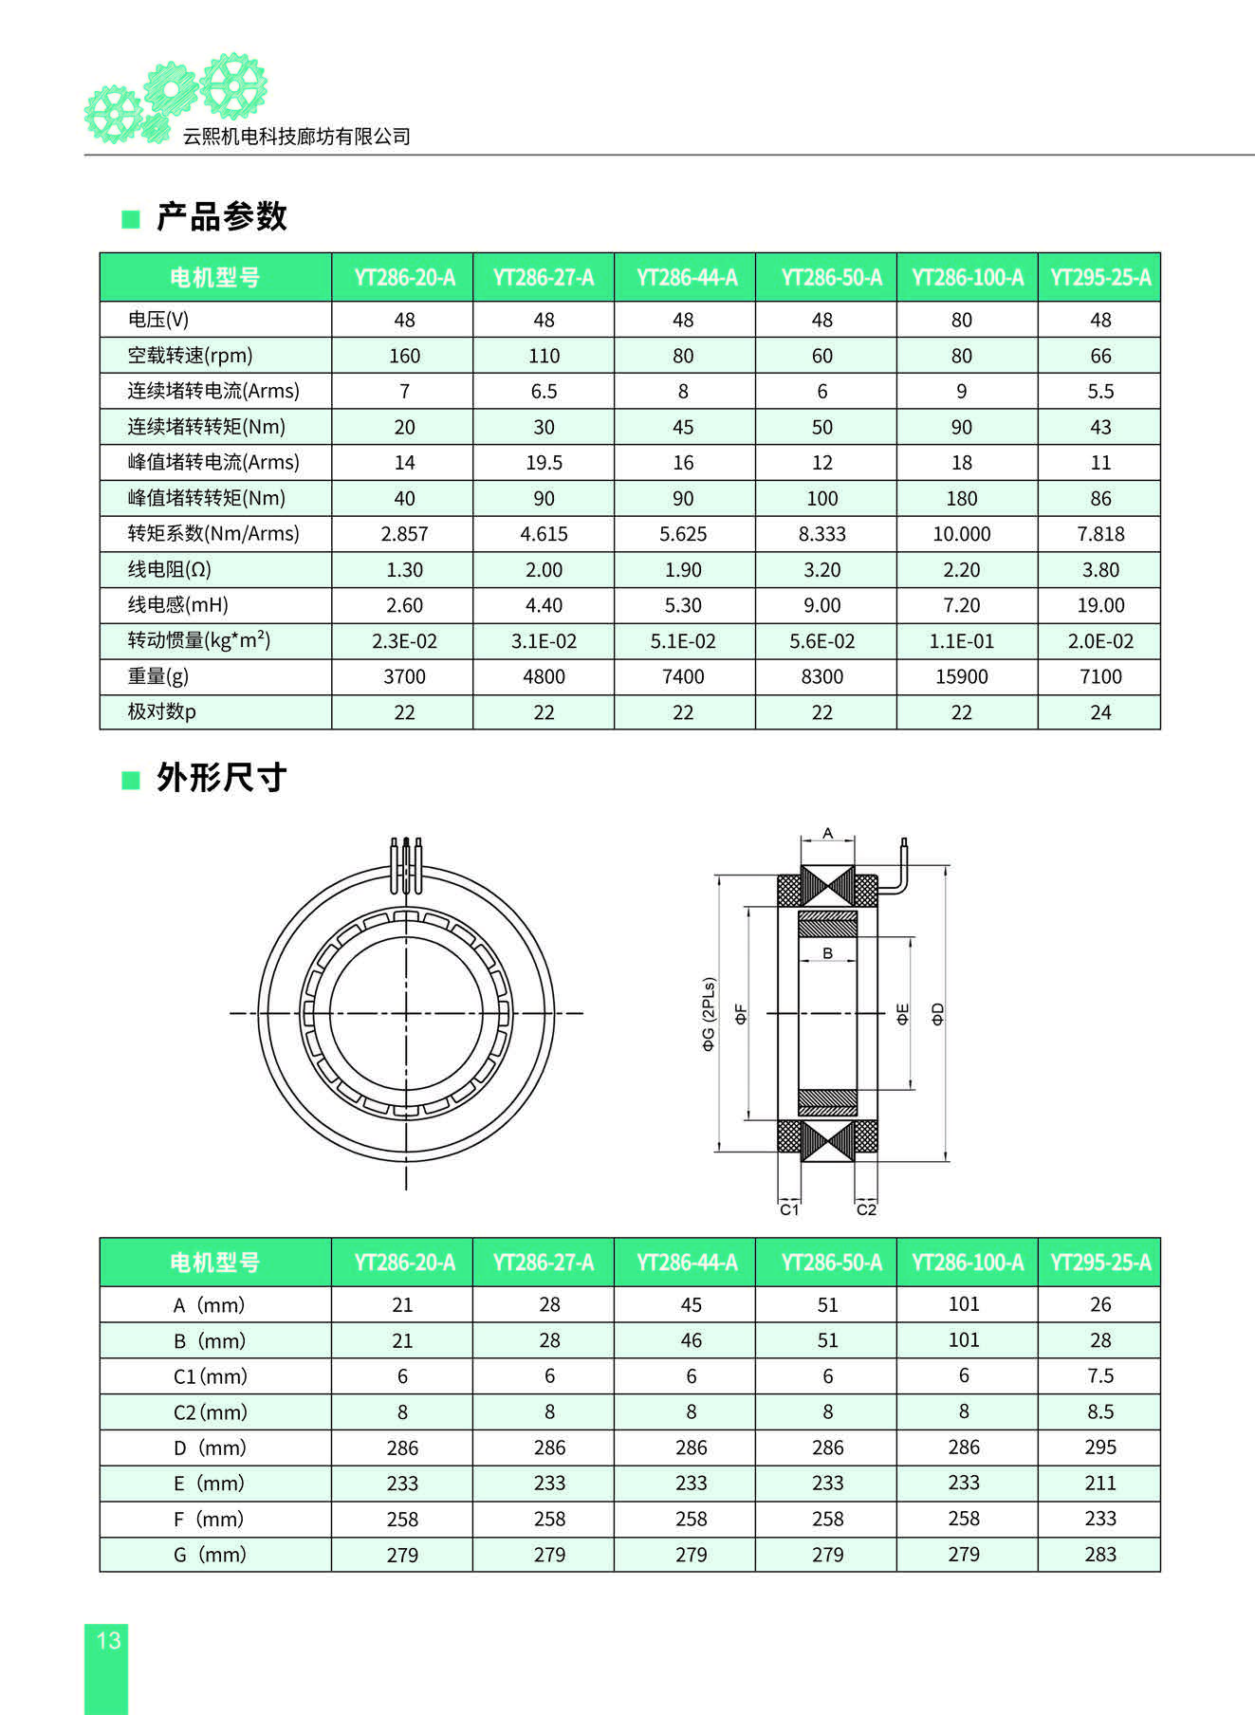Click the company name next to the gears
(296, 137)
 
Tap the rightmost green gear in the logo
(233, 85)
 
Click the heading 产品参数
(221, 217)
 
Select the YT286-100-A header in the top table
(967, 278)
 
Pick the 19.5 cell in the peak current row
(544, 463)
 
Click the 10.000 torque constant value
(961, 534)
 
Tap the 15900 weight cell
(961, 676)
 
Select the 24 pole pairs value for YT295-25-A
(1100, 712)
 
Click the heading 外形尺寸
(221, 778)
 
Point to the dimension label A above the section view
(827, 834)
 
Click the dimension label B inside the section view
(827, 953)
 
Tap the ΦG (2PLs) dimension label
(709, 1014)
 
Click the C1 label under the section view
(789, 1209)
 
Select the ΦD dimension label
(938, 1014)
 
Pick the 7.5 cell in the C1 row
(1100, 1376)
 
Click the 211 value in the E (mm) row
(1100, 1483)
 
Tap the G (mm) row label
(210, 1555)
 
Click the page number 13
(108, 1640)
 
